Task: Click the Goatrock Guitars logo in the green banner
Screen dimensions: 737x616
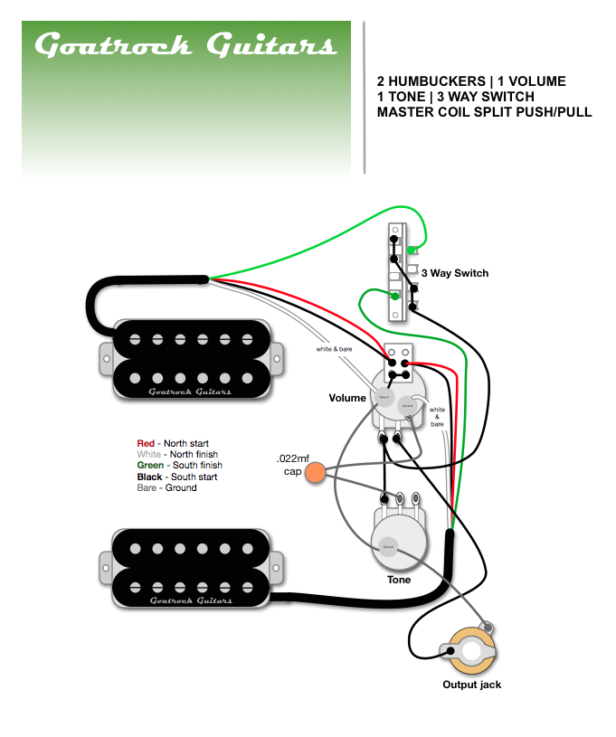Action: tap(185, 45)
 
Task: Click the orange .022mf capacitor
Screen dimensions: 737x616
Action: tap(316, 472)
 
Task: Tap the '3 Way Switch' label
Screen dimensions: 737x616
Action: tap(454, 273)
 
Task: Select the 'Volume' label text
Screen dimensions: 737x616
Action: tap(347, 398)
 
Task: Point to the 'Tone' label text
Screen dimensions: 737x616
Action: tap(398, 580)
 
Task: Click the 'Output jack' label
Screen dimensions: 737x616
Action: tap(471, 685)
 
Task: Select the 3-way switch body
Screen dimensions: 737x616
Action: tap(395, 270)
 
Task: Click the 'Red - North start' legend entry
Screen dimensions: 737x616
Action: tap(173, 443)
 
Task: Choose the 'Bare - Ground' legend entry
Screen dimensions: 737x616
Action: tap(166, 487)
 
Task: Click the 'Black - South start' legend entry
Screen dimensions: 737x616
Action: tap(176, 477)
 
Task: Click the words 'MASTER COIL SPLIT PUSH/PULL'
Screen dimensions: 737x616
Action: tap(484, 112)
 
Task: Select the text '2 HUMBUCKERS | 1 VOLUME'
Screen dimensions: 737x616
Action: tap(471, 81)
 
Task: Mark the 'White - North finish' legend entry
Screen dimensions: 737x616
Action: tap(177, 454)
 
